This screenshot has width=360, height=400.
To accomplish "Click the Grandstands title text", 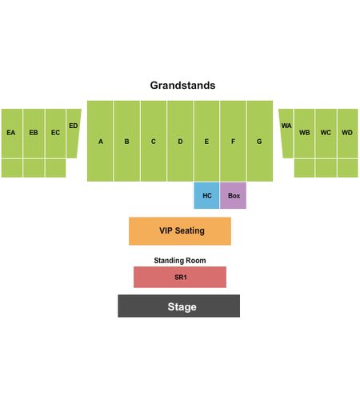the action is pyautogui.click(x=182, y=86).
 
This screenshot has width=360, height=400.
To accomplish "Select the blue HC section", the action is pyautogui.click(x=206, y=195).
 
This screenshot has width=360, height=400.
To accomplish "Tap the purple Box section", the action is pyautogui.click(x=233, y=195).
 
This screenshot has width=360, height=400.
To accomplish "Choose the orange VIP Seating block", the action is pyautogui.click(x=180, y=231).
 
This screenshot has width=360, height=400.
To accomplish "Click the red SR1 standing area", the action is pyautogui.click(x=180, y=277).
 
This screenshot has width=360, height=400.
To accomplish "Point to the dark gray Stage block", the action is pyautogui.click(x=179, y=306).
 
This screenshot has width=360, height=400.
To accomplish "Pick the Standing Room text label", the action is pyautogui.click(x=180, y=261).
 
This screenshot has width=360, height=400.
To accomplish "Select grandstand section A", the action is pyautogui.click(x=100, y=141).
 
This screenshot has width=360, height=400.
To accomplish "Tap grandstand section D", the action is pyautogui.click(x=180, y=141).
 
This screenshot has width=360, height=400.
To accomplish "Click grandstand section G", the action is pyautogui.click(x=260, y=141).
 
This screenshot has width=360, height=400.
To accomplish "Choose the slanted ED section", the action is pyautogui.click(x=73, y=134).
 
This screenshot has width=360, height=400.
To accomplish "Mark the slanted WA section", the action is pyautogui.click(x=287, y=134).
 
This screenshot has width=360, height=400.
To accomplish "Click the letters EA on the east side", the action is pyautogui.click(x=11, y=133).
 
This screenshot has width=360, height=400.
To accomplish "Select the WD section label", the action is pyautogui.click(x=347, y=133).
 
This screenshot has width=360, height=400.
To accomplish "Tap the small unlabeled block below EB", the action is pyautogui.click(x=34, y=168).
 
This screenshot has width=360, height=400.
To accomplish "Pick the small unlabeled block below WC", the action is pyautogui.click(x=326, y=168).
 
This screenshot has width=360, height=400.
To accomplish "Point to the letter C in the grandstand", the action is pyautogui.click(x=154, y=142).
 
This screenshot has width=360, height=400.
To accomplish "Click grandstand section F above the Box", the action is pyautogui.click(x=233, y=141).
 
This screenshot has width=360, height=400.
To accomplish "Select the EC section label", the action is pyautogui.click(x=55, y=133).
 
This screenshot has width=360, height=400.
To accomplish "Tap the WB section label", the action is pyautogui.click(x=305, y=133).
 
